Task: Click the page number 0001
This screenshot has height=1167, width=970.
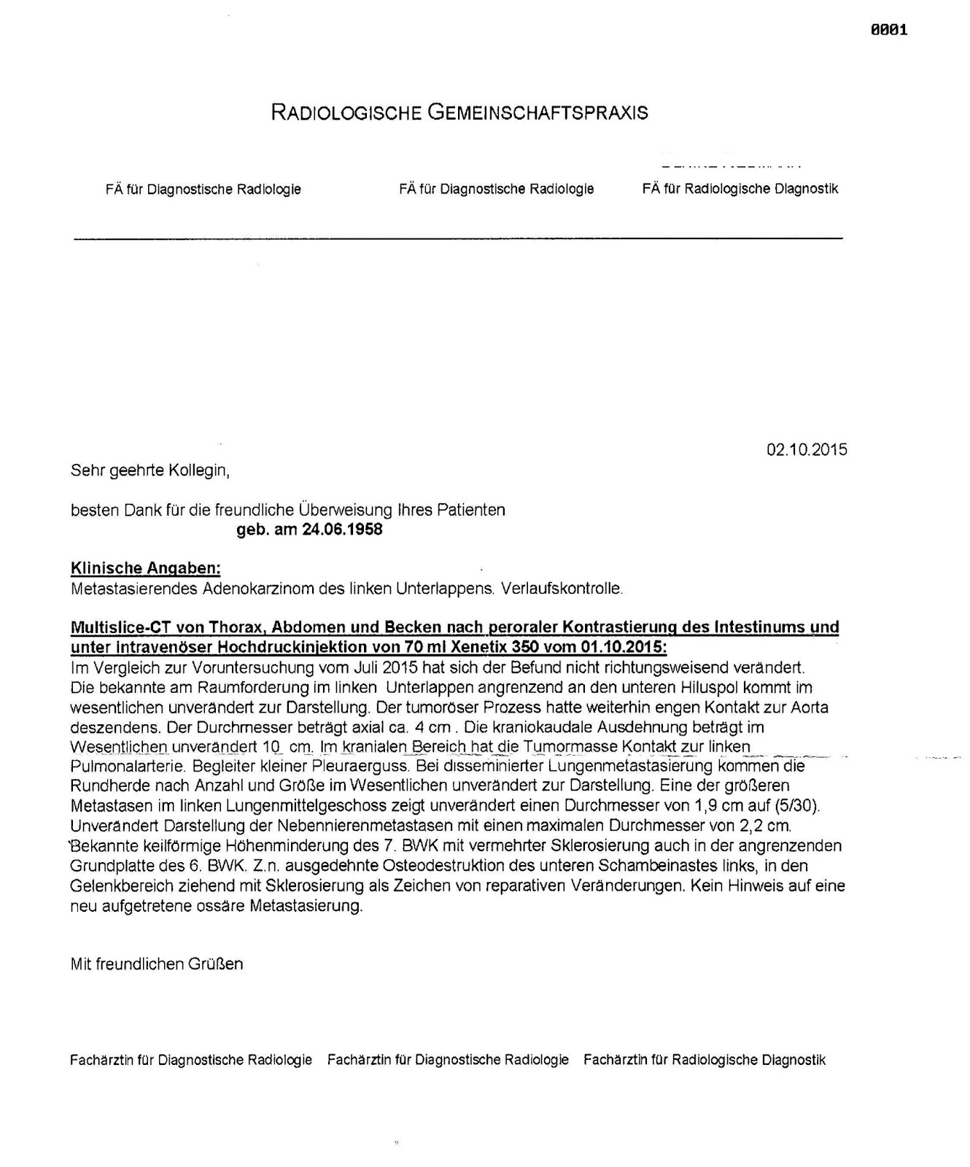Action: point(889,30)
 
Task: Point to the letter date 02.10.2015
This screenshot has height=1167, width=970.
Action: point(807,449)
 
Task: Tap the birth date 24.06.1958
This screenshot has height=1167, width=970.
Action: point(342,530)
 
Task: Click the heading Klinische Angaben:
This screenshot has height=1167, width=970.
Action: point(145,568)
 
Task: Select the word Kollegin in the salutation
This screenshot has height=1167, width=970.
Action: point(199,470)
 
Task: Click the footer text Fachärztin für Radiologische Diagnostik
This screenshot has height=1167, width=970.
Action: point(704,1060)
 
